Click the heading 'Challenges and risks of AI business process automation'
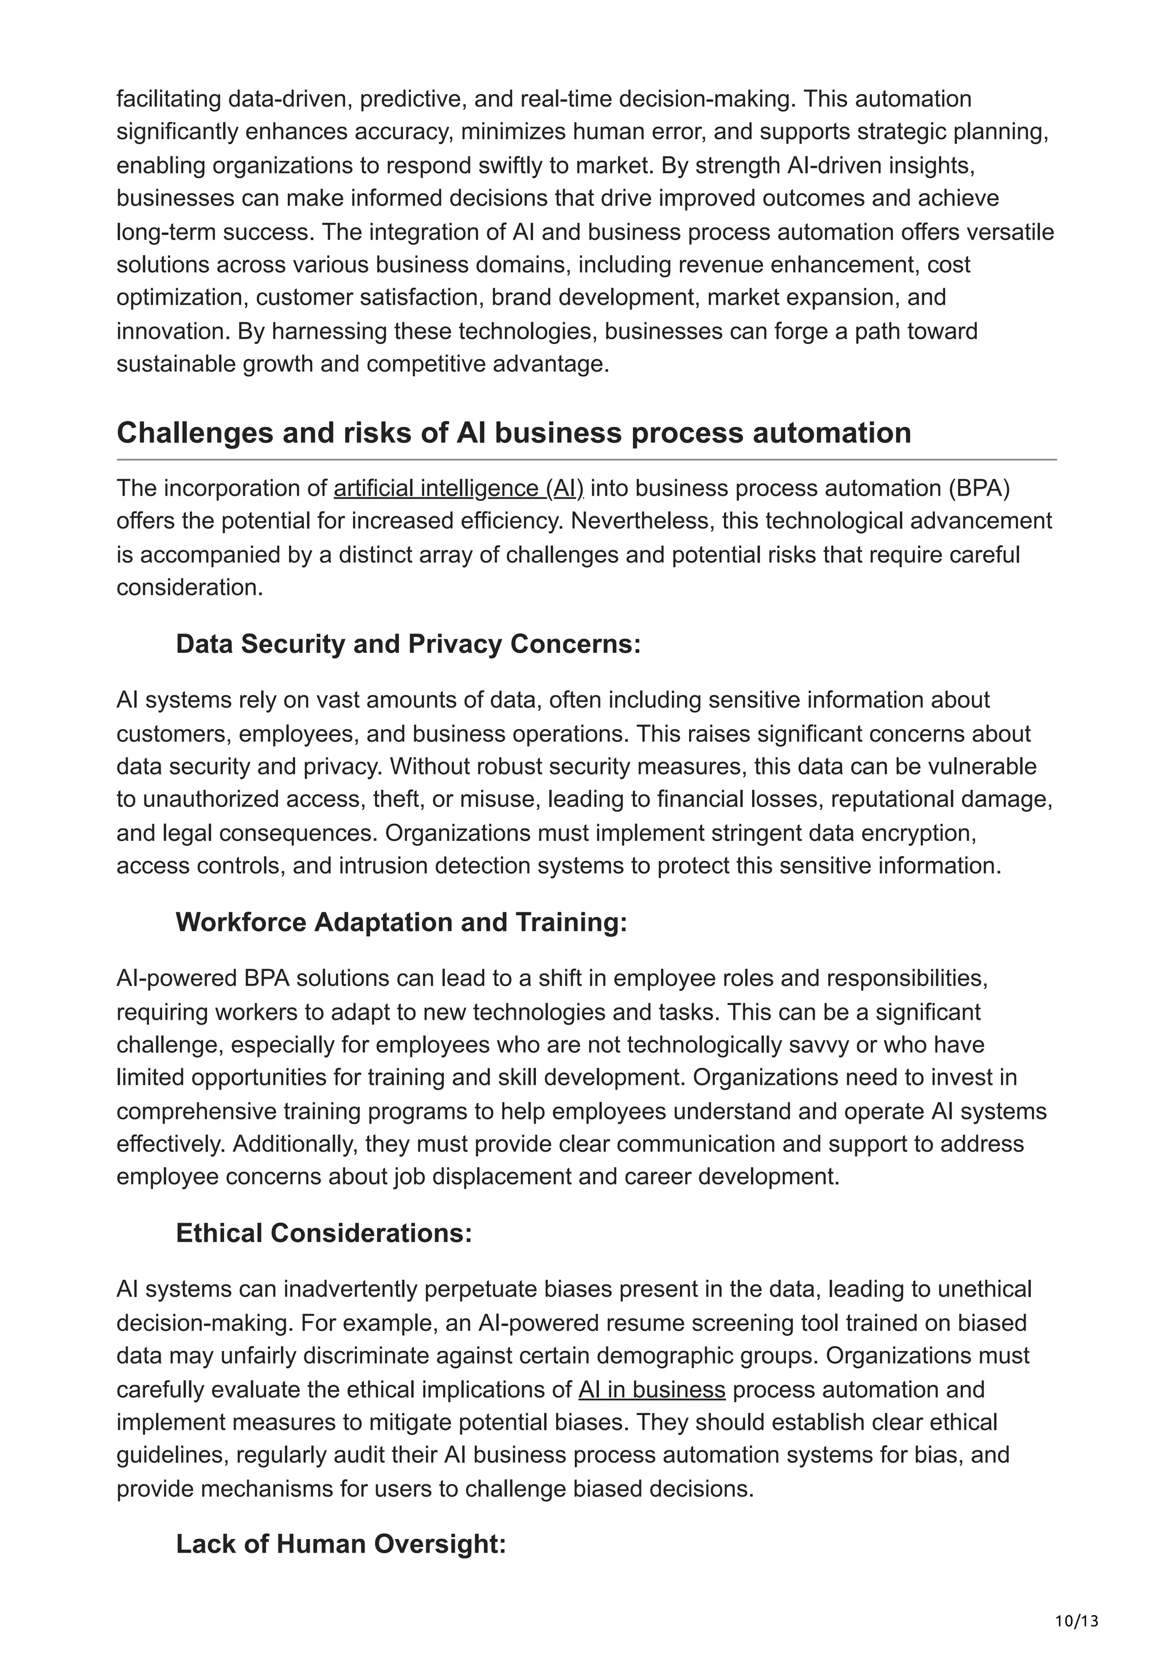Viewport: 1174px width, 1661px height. (514, 433)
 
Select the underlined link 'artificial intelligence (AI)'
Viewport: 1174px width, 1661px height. (458, 488)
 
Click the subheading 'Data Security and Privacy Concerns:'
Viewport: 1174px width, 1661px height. (408, 644)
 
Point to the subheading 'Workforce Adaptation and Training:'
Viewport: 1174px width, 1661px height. (401, 922)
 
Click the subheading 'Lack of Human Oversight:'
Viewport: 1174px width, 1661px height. (340, 1544)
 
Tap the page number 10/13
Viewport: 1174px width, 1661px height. (1077, 1621)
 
